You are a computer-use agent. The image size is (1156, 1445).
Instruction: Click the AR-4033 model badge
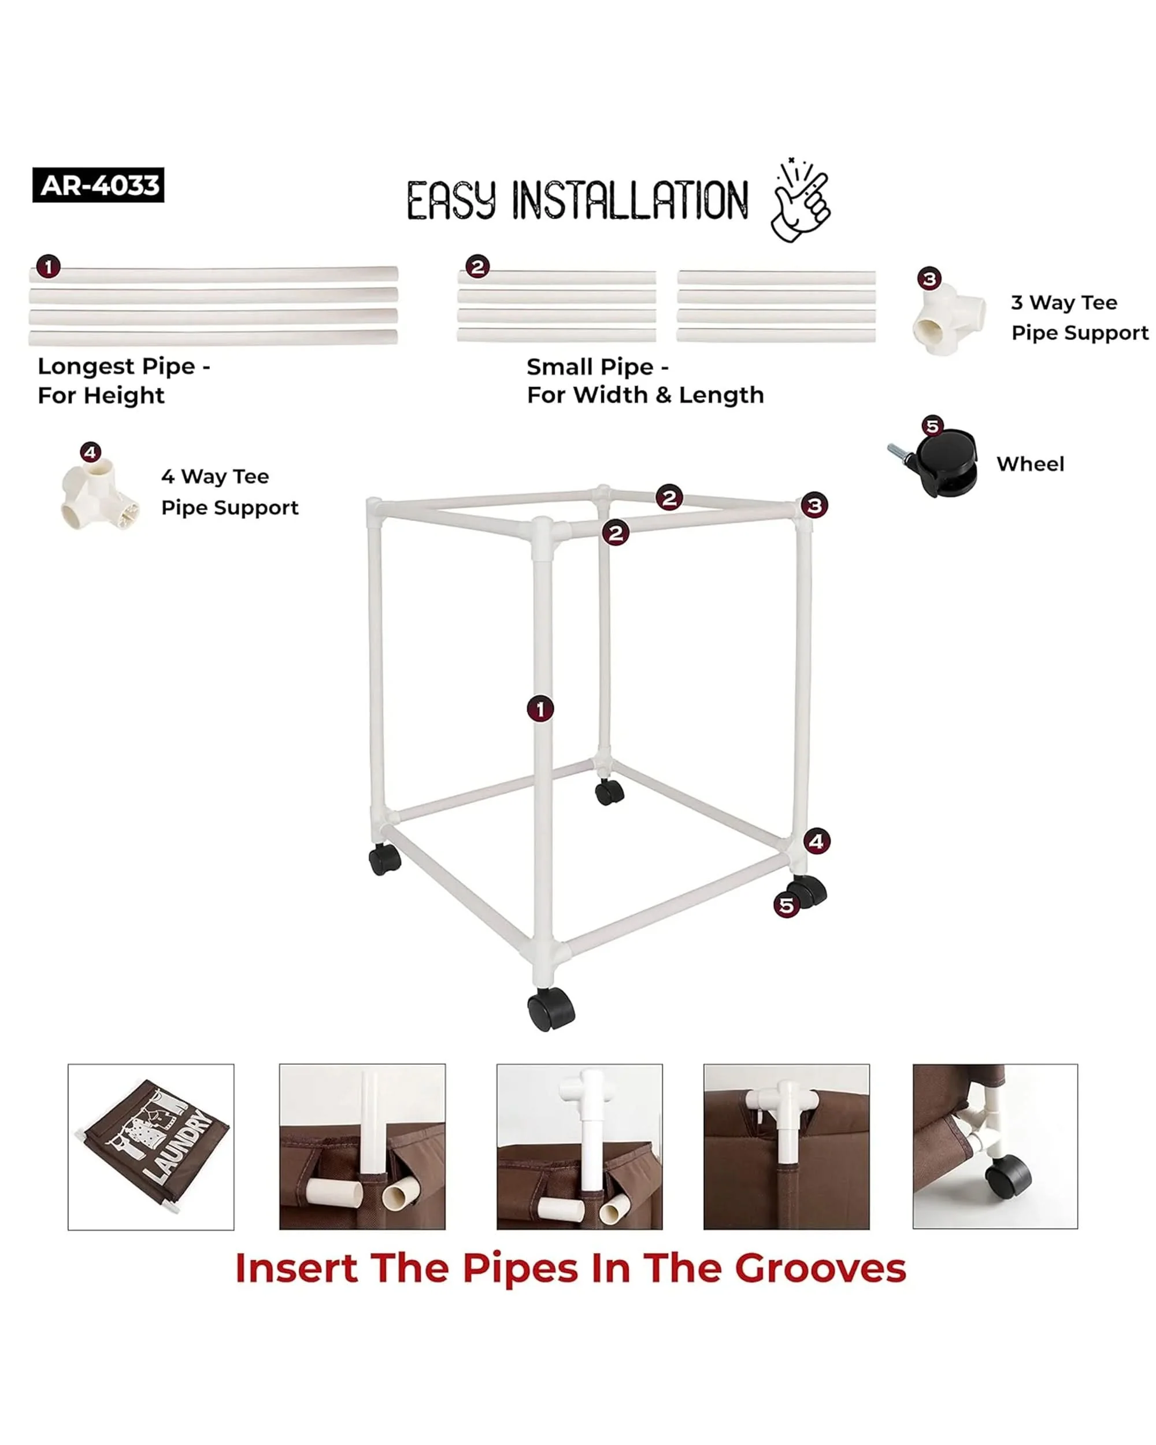pos(98,185)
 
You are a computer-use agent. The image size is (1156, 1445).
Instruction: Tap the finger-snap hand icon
pos(802,200)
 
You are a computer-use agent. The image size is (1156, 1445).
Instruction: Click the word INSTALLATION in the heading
pos(630,201)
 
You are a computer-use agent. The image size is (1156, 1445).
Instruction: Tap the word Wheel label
pos(1030,464)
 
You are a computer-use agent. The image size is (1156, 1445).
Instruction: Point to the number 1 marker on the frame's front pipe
pos(540,709)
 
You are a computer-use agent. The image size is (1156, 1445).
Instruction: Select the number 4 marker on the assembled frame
pos(816,841)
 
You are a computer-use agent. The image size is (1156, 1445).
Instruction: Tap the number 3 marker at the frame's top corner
pos(814,505)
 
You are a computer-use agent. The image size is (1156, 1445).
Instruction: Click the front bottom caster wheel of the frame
pos(551,1009)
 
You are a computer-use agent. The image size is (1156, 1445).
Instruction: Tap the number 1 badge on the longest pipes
pos(48,267)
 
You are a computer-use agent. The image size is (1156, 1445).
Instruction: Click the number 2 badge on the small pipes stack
pos(477,267)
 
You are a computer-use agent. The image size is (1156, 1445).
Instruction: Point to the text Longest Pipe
pos(117,366)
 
